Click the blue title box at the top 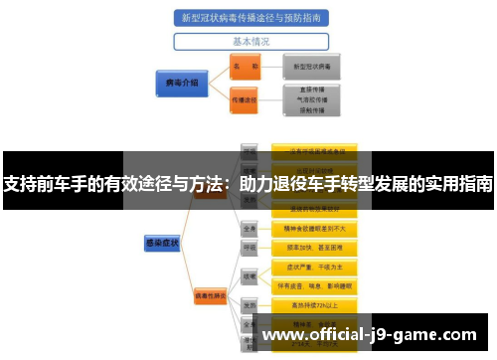click(251, 18)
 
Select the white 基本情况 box click(251, 42)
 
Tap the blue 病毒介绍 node click(180, 84)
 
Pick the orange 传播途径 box click(244, 100)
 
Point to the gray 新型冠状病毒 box click(312, 67)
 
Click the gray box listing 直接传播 click(312, 100)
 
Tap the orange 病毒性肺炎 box click(211, 295)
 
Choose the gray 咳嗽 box click(250, 276)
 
